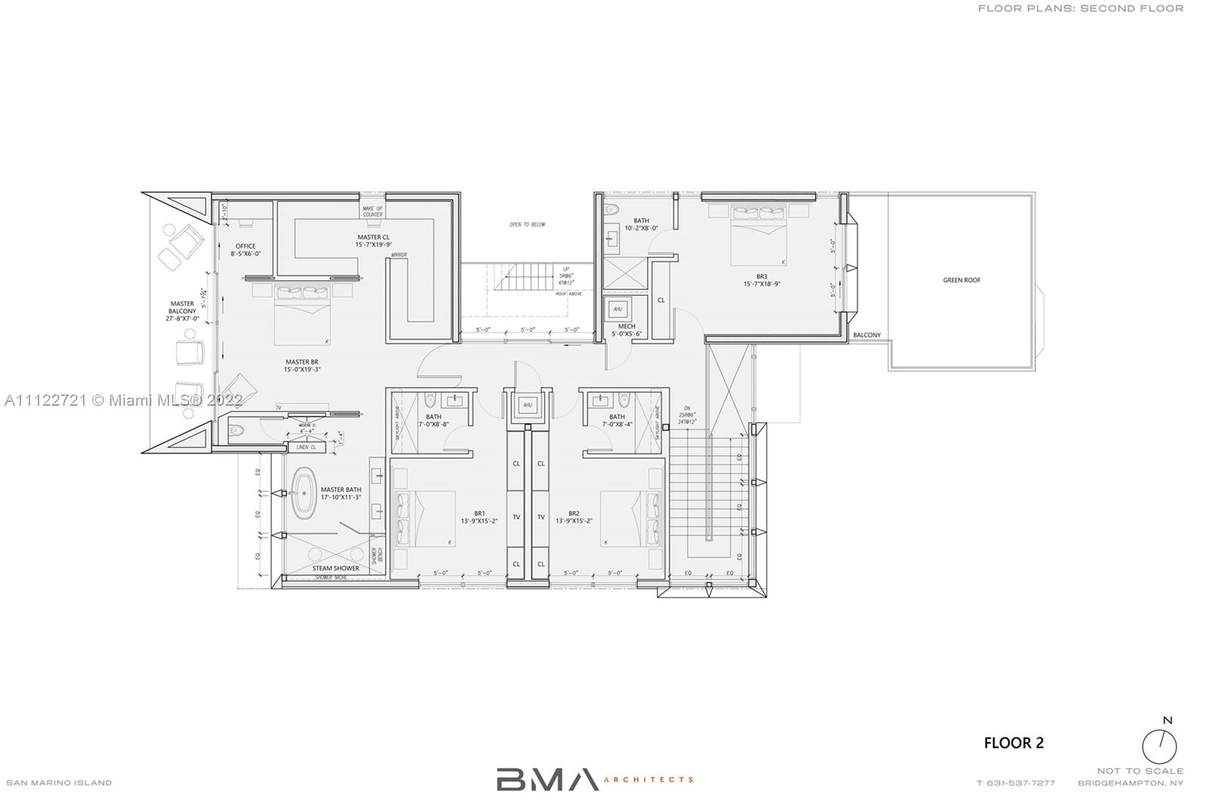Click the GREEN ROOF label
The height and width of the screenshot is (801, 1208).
tap(961, 280)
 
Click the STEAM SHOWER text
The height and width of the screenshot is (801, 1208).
tap(335, 568)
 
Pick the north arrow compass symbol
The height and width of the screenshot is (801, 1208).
tap(1159, 746)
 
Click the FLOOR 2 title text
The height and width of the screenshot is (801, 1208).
tap(1013, 743)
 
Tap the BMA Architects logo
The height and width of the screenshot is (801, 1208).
tap(594, 779)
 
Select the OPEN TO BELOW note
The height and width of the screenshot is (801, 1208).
tap(527, 224)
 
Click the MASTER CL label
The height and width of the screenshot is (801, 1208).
tap(373, 240)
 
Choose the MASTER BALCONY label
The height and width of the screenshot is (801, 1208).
tap(182, 311)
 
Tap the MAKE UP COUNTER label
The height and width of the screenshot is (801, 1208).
tap(372, 212)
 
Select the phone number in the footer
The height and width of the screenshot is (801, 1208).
tap(1015, 783)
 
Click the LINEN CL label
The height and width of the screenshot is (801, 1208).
tap(307, 447)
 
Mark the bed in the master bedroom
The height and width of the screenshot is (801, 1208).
tap(303, 316)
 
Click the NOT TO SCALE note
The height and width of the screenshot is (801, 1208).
tap(1140, 771)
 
